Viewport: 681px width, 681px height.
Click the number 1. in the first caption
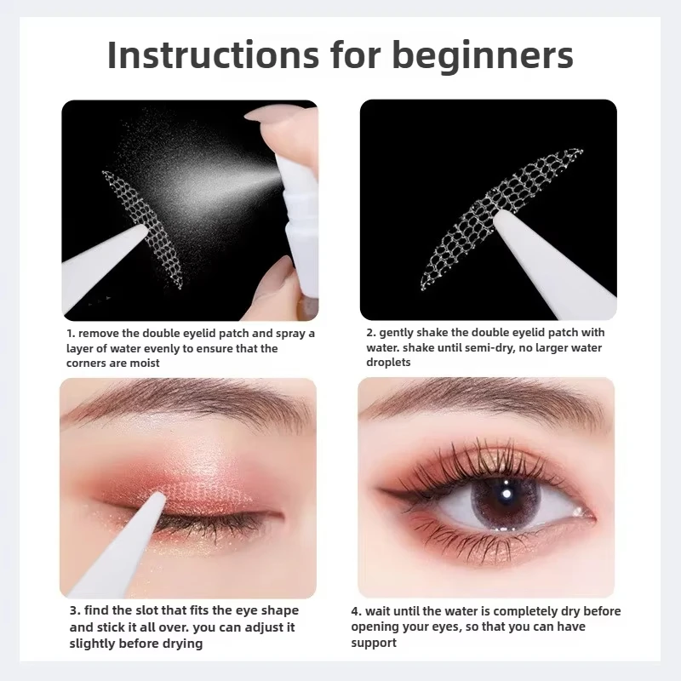[71, 334]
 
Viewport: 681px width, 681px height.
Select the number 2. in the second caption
[371, 332]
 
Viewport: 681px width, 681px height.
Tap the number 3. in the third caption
[75, 611]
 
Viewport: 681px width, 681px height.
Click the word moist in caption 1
[142, 363]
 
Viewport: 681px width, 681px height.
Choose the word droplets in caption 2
[389, 363]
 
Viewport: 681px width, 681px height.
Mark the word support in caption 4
[374, 644]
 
